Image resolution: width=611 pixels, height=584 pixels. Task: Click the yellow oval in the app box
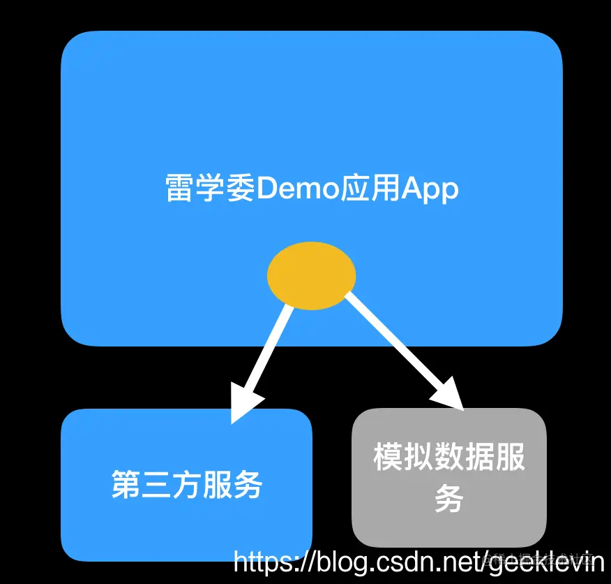point(311,276)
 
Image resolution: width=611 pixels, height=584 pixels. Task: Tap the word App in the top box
point(430,189)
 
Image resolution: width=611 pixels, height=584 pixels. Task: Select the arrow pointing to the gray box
point(398,346)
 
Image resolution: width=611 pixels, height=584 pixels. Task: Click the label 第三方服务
point(187,485)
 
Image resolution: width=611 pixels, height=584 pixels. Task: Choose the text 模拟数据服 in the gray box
point(449,458)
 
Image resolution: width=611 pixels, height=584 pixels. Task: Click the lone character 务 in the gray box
point(449,499)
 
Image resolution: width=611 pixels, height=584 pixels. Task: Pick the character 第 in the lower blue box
point(126,485)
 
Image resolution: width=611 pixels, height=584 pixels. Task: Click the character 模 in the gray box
point(389,458)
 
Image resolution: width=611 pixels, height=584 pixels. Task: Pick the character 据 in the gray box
point(479,458)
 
